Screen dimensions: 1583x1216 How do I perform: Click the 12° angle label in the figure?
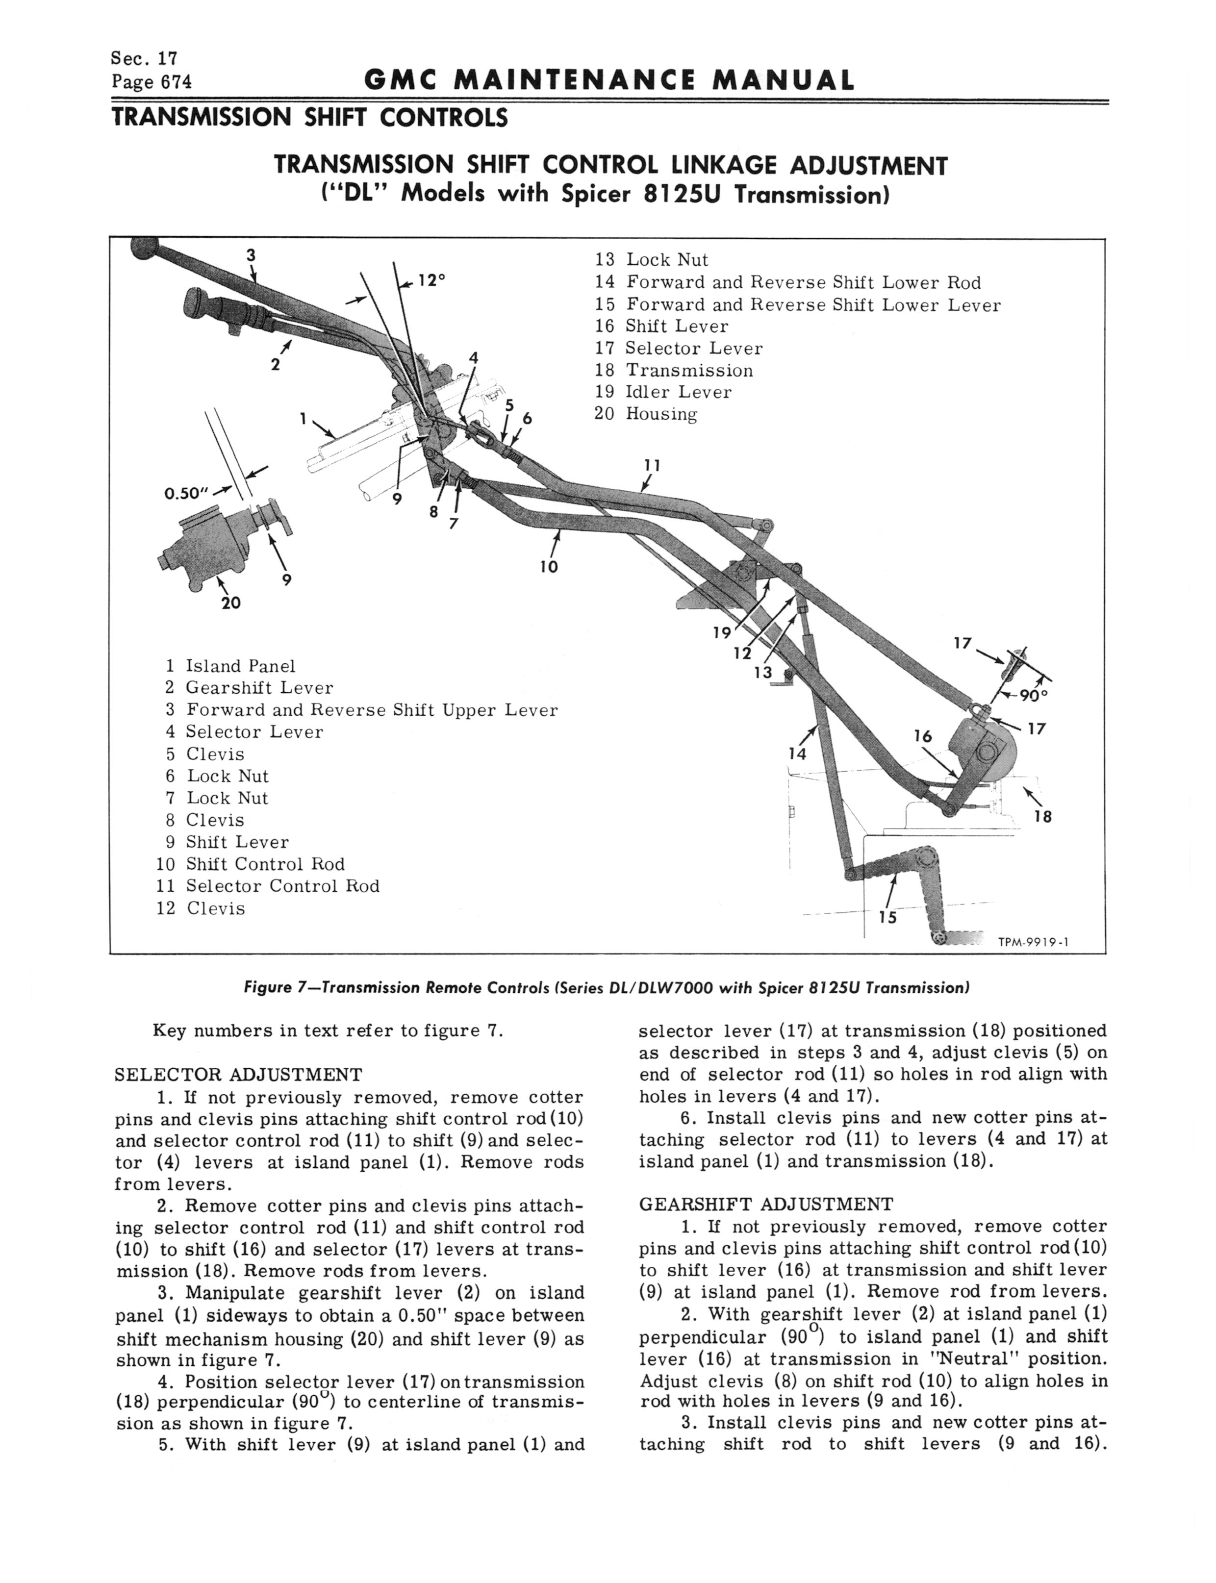431,280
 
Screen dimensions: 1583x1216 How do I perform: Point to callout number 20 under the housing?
231,603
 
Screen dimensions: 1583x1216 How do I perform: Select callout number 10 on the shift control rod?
549,567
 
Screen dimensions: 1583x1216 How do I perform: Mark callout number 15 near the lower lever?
887,917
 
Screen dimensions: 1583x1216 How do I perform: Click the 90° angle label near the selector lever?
1034,695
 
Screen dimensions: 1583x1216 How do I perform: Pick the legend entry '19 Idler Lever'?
662,392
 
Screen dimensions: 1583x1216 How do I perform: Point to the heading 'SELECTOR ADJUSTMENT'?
238,1075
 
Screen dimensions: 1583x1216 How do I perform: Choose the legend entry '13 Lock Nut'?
652,260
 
